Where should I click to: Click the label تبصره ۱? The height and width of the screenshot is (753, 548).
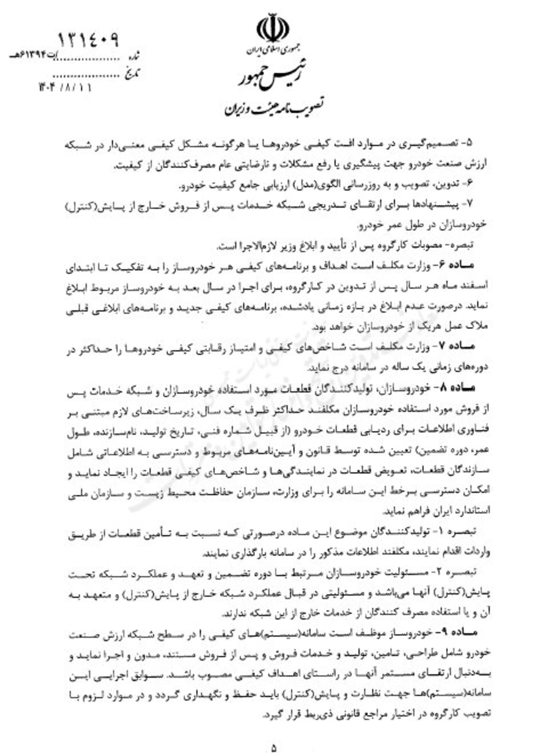(x=459, y=531)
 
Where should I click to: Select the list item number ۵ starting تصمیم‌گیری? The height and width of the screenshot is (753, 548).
(x=469, y=143)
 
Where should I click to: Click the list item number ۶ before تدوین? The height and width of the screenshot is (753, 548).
(x=469, y=184)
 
